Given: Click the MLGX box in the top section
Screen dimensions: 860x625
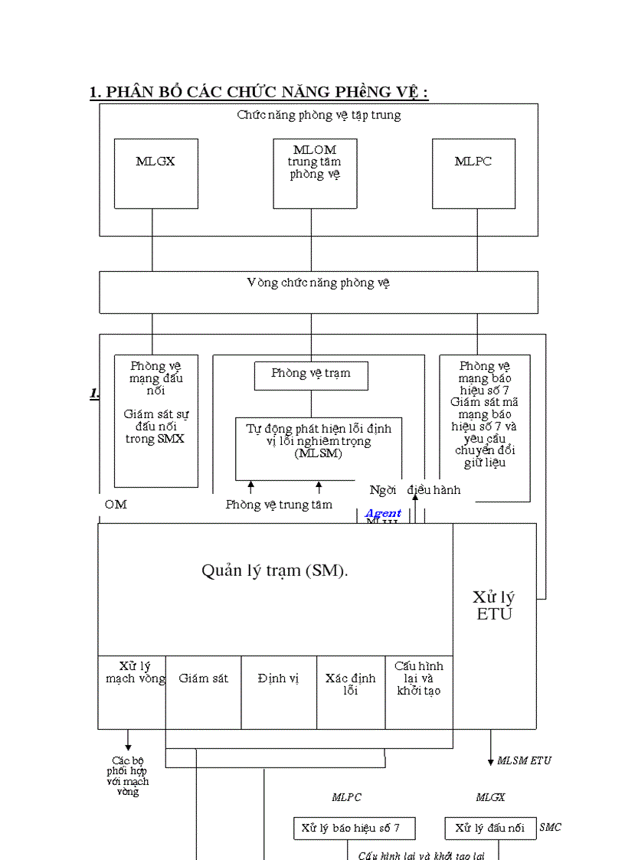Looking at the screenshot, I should coord(155,173).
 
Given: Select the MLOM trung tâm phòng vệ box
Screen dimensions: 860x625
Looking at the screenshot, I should coord(315,173).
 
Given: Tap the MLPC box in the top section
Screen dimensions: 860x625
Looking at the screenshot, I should coord(473,173).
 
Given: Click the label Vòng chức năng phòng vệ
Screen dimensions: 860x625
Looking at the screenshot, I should coord(318,283).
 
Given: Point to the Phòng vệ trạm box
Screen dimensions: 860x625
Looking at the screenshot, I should coord(311,374).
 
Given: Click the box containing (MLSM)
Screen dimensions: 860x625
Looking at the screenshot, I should coord(318,448).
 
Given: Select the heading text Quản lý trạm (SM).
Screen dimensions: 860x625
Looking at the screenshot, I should coord(275,571).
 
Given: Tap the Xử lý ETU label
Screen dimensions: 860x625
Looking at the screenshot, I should coord(494,605).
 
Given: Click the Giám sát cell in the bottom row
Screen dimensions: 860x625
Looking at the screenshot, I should coord(203,679).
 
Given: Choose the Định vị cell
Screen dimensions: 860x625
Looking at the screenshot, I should coord(278,679).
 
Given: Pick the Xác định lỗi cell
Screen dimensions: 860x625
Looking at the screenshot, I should coord(350,684).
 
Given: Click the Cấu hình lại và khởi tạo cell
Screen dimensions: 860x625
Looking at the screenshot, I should coord(419,679).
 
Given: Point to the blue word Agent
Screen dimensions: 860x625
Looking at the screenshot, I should coord(383,513).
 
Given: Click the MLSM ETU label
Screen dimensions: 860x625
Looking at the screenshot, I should coord(524,760).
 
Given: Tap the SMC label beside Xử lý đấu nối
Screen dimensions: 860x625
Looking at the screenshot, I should coord(550,827).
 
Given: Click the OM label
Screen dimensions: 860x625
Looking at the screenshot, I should coord(116,505).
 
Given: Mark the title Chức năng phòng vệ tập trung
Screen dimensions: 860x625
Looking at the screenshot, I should coord(318,116).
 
